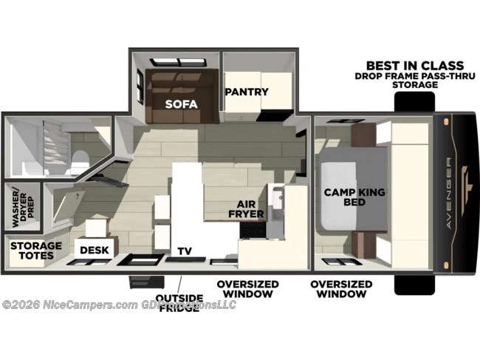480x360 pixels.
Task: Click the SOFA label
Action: (180, 104)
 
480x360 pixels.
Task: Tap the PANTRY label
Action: (247, 92)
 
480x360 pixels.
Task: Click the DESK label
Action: (95, 250)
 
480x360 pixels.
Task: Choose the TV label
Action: (183, 251)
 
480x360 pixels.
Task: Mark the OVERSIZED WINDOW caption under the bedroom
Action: (340, 288)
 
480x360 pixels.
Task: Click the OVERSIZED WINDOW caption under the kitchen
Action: (247, 288)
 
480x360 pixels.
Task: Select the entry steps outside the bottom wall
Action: (142, 283)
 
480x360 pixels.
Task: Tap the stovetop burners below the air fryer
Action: (252, 228)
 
